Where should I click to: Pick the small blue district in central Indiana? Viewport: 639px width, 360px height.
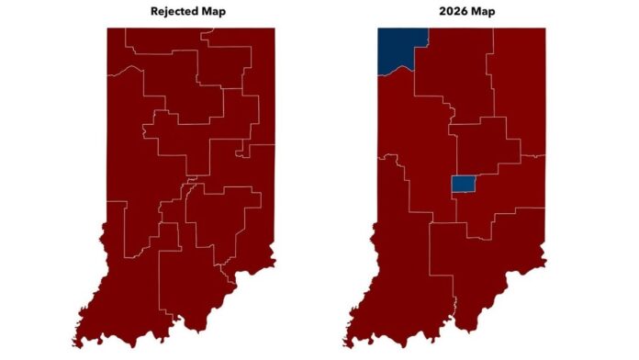pyautogui.click(x=463, y=184)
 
